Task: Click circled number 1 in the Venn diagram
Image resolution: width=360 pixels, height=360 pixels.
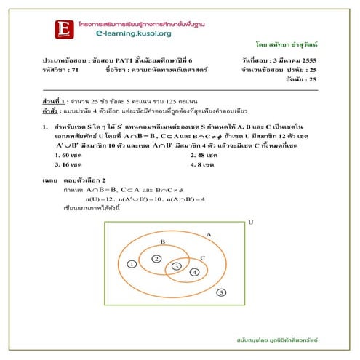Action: (132, 264)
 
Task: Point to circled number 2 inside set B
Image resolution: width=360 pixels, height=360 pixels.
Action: (156, 259)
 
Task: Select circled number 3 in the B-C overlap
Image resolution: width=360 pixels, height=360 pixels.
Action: (176, 268)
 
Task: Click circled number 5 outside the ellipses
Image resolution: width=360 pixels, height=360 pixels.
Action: (221, 292)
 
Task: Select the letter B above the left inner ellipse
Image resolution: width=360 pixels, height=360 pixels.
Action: (162, 241)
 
